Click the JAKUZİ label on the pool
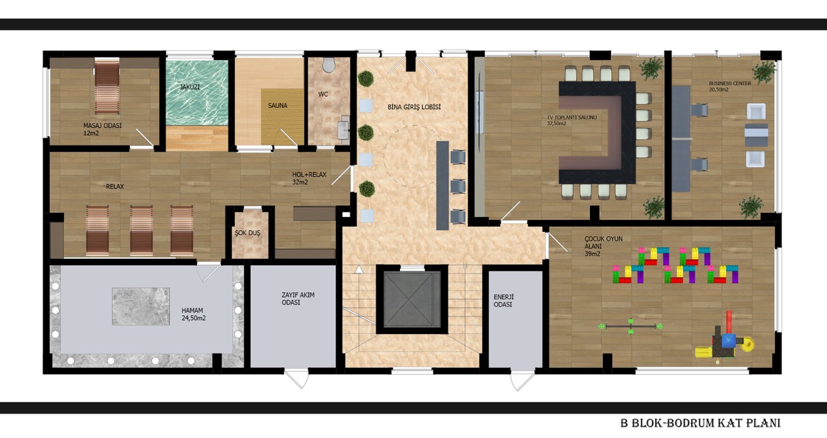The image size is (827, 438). (x=190, y=87)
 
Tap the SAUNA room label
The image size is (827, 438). (x=278, y=105)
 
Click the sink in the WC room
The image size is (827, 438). (x=344, y=128)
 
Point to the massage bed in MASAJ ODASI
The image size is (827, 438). (x=107, y=86)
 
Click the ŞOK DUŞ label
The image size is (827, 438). (x=247, y=233)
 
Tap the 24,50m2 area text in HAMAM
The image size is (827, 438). (x=193, y=318)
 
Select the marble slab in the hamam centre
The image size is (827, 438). (x=141, y=306)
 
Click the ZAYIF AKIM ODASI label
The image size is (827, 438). (x=298, y=298)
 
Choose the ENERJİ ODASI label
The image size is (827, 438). (x=503, y=301)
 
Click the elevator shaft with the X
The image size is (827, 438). (x=412, y=300)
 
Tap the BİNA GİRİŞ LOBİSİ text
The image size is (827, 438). (x=414, y=107)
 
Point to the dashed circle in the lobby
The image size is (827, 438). (x=413, y=125)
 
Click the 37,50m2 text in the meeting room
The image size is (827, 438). (x=556, y=124)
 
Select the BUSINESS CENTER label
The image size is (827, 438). (x=730, y=83)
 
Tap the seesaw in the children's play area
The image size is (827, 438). (x=631, y=326)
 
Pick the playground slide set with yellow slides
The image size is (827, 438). (x=724, y=341)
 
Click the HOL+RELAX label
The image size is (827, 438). (x=309, y=174)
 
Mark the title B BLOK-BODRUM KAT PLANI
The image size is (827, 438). (x=700, y=423)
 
